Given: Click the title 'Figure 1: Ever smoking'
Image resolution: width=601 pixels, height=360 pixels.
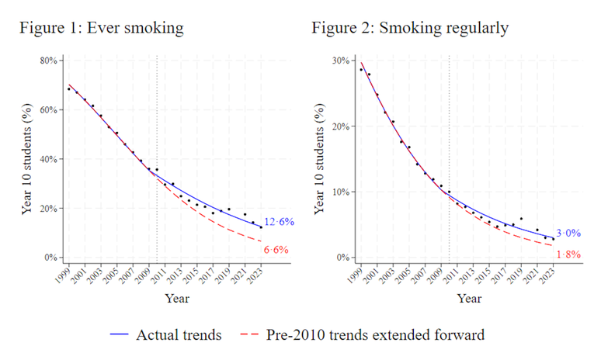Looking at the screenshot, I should point(102,29).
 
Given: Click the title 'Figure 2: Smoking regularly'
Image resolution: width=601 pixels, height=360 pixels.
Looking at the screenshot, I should point(410,29).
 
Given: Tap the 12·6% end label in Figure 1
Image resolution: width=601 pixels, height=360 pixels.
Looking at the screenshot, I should point(280,222).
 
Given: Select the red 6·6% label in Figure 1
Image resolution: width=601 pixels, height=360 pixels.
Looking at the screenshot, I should point(276,250).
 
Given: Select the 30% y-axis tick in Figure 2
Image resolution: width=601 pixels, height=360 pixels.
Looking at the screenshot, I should point(339,61).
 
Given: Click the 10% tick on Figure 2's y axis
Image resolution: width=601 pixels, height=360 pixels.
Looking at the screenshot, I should point(339,192).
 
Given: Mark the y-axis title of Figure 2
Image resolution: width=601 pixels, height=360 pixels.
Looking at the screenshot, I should point(319,160).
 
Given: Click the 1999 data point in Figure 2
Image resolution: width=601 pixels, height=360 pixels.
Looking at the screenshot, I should point(361,69).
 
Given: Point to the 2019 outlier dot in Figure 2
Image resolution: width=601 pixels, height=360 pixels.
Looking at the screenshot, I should point(521,219).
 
